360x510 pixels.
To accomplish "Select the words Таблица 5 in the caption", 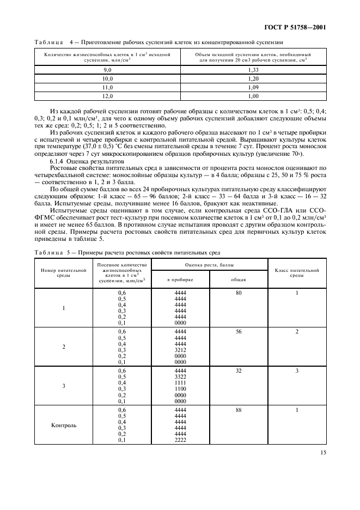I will pyautogui.click(x=52, y=252).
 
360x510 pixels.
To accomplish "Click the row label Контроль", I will pyautogui.click(x=64, y=425).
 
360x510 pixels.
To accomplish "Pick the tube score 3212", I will pyautogui.click(x=180, y=350).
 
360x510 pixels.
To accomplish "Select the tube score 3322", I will pyautogui.click(x=180, y=377).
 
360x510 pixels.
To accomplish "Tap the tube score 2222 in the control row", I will pyautogui.click(x=180, y=440).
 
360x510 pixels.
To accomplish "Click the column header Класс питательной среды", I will pyautogui.click(x=297, y=272).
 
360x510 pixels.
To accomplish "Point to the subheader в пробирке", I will pyautogui.click(x=180, y=280).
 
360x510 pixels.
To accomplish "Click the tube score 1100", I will pyautogui.click(x=180, y=389).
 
